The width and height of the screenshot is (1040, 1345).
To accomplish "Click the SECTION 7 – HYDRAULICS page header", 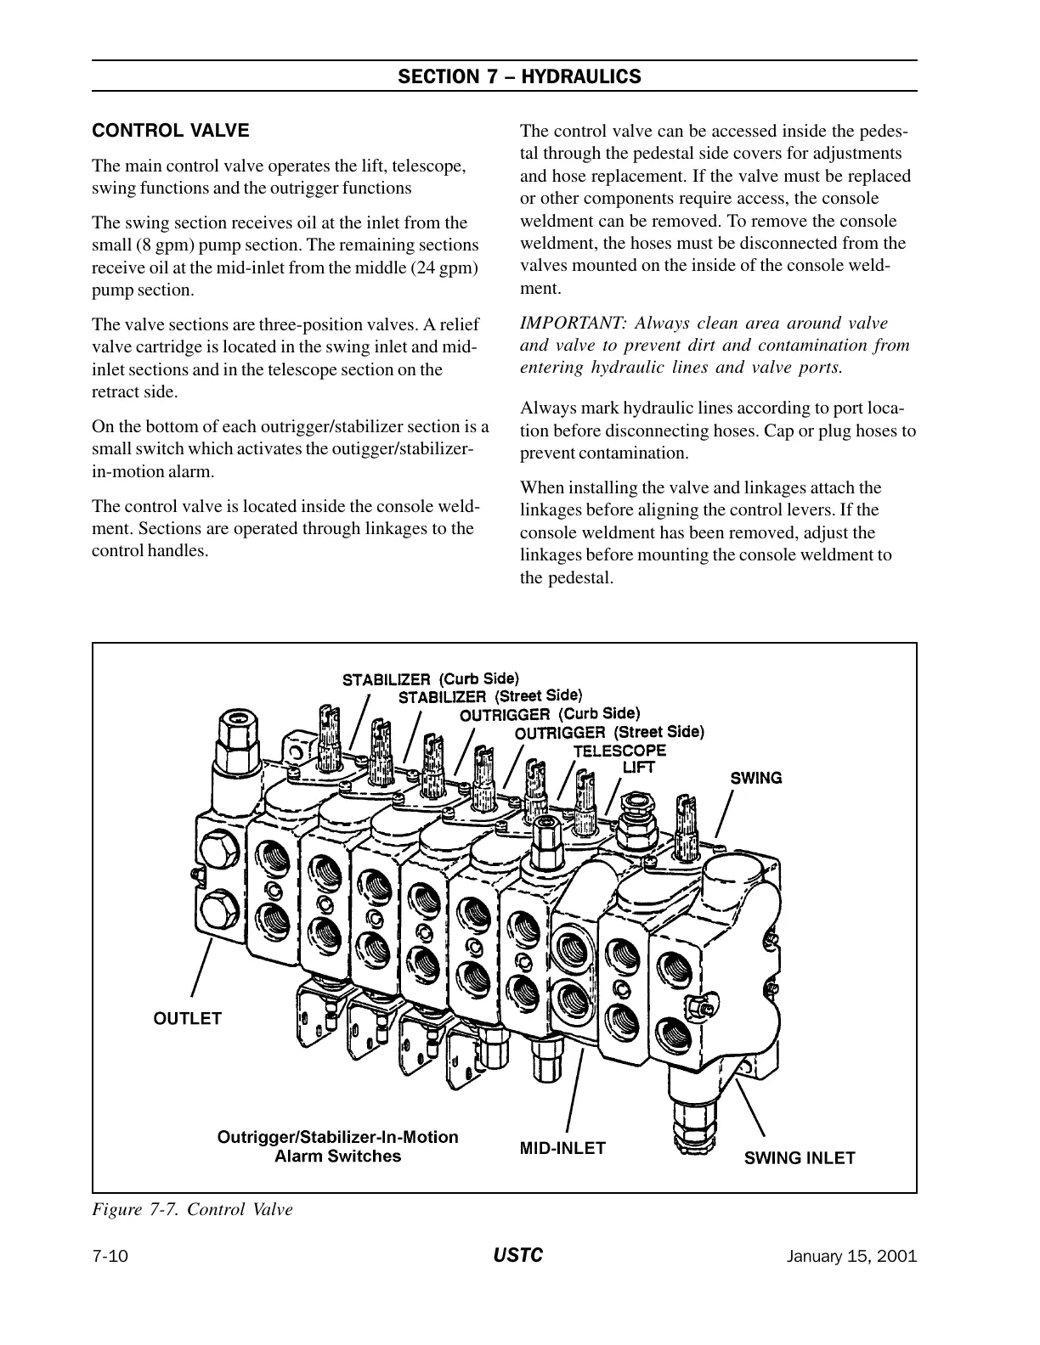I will [x=519, y=76].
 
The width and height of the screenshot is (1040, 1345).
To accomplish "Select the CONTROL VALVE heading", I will [x=171, y=131].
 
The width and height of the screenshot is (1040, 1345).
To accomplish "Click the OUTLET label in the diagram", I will [x=187, y=1018].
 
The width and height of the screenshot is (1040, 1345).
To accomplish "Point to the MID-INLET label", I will [x=562, y=1148].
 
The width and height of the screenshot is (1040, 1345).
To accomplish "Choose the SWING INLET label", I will [x=800, y=1157].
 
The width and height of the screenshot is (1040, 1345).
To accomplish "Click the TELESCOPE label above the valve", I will [x=619, y=751].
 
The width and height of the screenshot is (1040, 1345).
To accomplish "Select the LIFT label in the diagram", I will [x=639, y=767].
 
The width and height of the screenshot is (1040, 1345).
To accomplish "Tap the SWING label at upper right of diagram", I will [x=756, y=778].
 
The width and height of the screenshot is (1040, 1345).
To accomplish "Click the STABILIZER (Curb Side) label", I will [x=430, y=679].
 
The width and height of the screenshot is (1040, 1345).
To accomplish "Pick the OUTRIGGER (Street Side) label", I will [x=610, y=732].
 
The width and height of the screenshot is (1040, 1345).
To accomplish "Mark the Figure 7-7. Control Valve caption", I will [x=192, y=1209].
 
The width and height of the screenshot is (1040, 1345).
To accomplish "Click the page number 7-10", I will [x=110, y=1257].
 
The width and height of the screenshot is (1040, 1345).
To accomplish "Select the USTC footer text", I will [x=517, y=1256].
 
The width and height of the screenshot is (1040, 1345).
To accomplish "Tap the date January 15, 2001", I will [x=852, y=1257].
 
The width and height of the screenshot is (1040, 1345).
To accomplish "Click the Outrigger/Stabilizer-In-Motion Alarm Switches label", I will [x=338, y=1146].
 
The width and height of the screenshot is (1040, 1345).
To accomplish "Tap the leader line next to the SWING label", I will [x=725, y=814].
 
